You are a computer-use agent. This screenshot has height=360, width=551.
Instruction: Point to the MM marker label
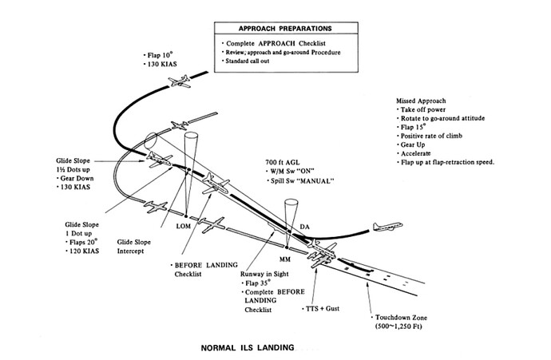(x=285, y=259)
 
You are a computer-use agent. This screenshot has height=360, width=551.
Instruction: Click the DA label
(x=304, y=228)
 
